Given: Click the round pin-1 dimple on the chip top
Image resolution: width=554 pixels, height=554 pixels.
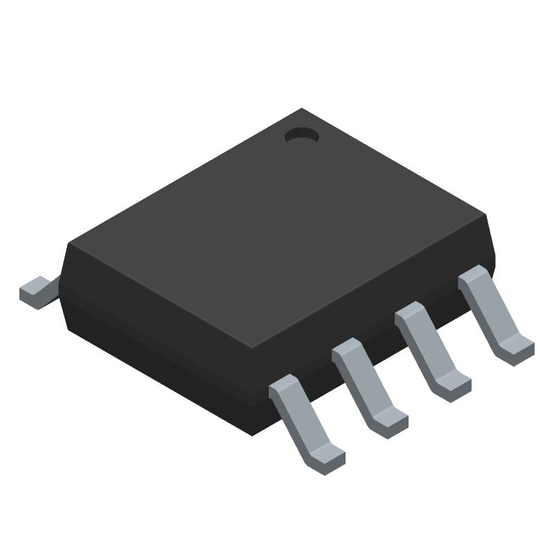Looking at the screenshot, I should coord(301,136).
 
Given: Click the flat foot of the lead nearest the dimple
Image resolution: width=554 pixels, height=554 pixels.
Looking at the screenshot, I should coord(516,346).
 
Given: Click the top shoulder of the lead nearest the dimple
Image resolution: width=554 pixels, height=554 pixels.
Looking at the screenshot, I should coord(473,276).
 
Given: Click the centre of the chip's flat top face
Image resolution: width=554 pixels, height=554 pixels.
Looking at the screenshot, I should coord(277,229).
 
